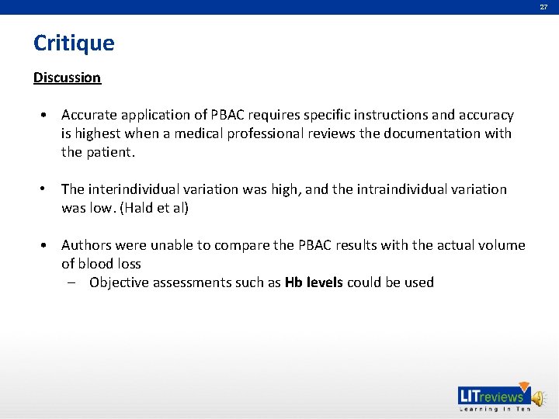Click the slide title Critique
tap(74, 43)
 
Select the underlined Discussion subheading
tap(67, 78)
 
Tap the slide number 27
tap(543, 6)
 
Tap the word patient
tap(110, 152)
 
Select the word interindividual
tap(138, 189)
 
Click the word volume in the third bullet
tap(502, 245)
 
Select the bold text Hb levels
tap(314, 282)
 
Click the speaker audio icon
tap(538, 396)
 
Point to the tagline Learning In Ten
tap(495, 409)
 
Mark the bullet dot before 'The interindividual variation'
tap(47, 189)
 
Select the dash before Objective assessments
tap(71, 282)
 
